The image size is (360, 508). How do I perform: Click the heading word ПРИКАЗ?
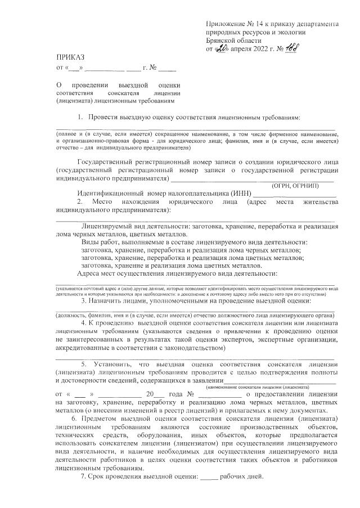[x=70, y=57]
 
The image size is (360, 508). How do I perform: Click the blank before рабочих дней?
[x=209, y=478]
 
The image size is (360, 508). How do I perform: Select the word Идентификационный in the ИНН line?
[x=113, y=194]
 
